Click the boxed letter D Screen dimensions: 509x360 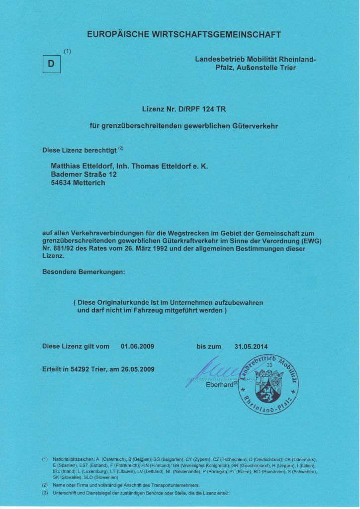51,65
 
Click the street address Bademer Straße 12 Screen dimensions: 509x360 84,174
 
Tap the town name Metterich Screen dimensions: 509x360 90,182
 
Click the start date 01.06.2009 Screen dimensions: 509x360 138,346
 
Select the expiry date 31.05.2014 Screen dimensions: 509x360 251,346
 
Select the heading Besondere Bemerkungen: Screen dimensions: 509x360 84,272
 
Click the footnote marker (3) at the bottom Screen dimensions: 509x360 45,493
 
